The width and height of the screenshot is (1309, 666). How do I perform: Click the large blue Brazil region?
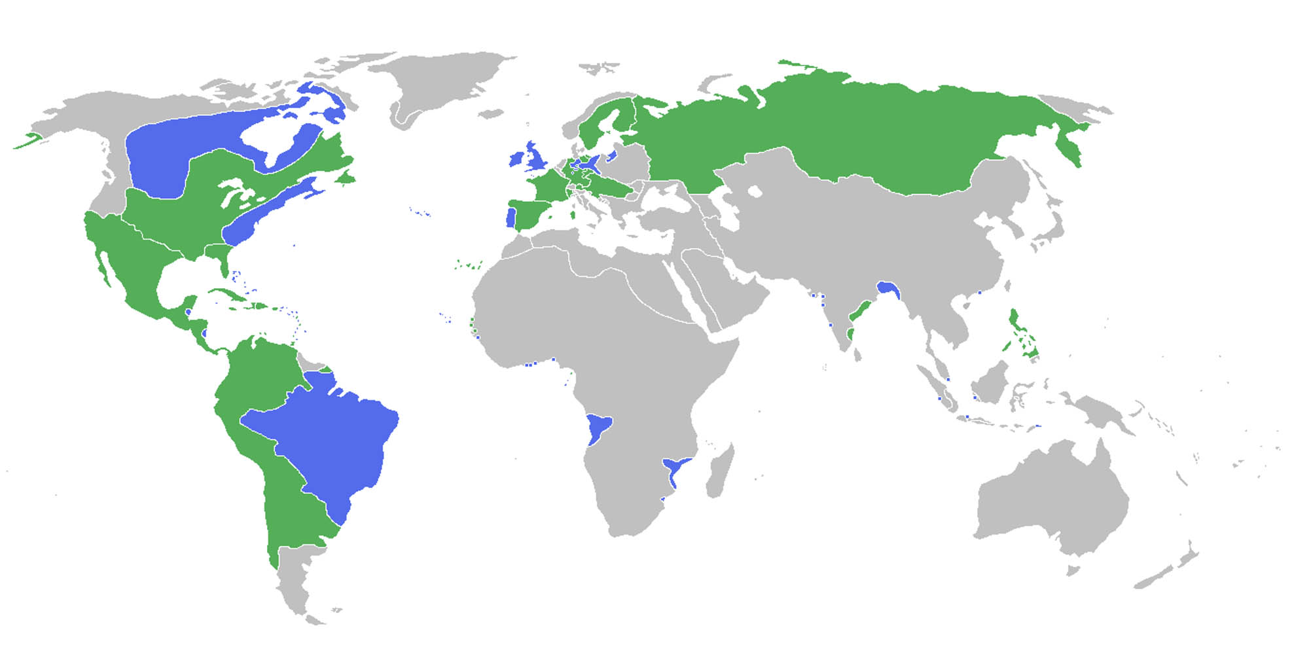pos(327,445)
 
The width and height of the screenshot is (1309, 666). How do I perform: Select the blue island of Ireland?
pos(517,159)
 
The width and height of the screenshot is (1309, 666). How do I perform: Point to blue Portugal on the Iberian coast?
pos(511,217)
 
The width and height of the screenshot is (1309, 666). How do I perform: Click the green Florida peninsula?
pos(224,265)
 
